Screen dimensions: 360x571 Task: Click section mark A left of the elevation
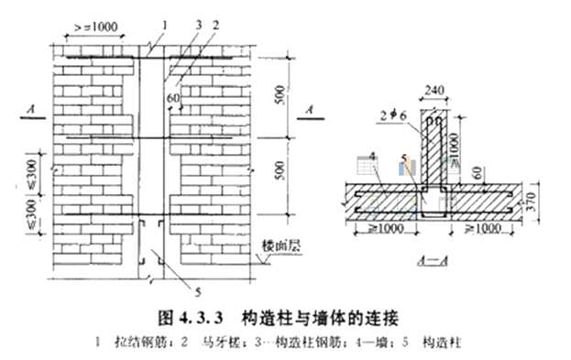click(33, 111)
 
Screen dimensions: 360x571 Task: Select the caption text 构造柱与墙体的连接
click(312, 318)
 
